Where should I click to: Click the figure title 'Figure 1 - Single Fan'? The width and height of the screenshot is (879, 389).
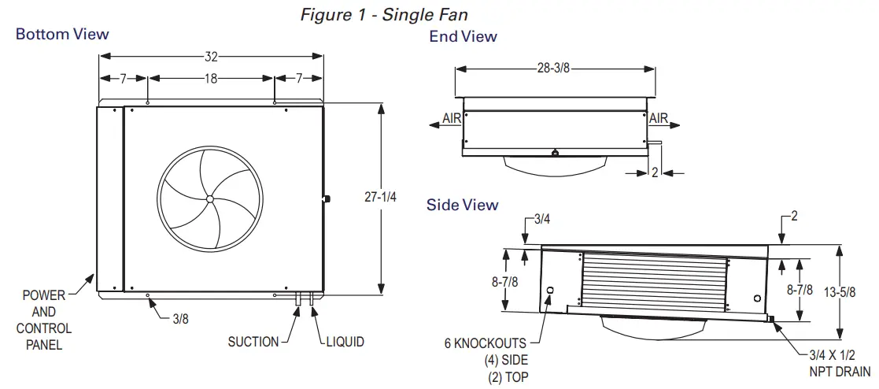pyautogui.click(x=390, y=16)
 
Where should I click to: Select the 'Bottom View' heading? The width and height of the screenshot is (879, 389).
pyautogui.click(x=62, y=34)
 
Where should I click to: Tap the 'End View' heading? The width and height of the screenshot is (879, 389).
pyautogui.click(x=463, y=36)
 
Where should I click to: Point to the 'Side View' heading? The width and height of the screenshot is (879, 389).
pyautogui.click(x=462, y=205)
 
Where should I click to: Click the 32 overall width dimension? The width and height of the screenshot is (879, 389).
pyautogui.click(x=211, y=57)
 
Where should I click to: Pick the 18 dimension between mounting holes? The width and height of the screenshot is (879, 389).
pyautogui.click(x=211, y=79)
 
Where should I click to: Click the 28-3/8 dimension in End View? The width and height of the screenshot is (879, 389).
pyautogui.click(x=554, y=69)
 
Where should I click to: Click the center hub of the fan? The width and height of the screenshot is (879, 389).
pyautogui.click(x=210, y=199)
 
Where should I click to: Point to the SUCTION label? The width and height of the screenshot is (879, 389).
pyautogui.click(x=253, y=342)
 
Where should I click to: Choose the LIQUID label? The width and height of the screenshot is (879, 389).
pyautogui.click(x=345, y=342)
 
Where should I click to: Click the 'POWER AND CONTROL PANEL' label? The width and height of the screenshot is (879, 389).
pyautogui.click(x=43, y=320)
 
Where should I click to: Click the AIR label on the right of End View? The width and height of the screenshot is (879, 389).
pyautogui.click(x=658, y=119)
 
